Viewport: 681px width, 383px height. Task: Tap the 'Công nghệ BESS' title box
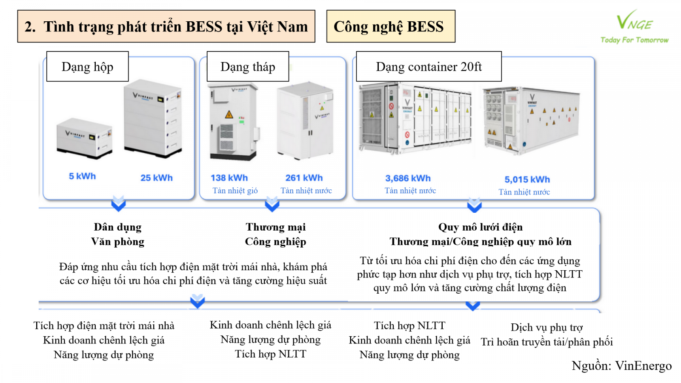[x=390, y=26]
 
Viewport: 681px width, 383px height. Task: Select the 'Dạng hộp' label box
[x=87, y=67]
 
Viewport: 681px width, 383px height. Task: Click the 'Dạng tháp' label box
[x=248, y=67]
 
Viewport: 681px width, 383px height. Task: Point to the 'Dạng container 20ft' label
[x=429, y=67]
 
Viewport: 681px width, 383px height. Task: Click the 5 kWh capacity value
[x=82, y=176]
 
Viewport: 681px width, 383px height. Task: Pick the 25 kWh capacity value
[x=156, y=178]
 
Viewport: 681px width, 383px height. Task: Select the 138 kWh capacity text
[x=229, y=178]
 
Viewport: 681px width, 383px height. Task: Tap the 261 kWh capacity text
[x=304, y=178]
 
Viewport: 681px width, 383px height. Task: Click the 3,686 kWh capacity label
[x=408, y=178]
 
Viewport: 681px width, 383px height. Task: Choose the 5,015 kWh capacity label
[x=527, y=180]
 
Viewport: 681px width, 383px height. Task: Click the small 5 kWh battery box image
[x=84, y=138]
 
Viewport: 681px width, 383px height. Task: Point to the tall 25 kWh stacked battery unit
[x=153, y=118]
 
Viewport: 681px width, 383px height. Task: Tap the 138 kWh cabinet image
[x=233, y=122]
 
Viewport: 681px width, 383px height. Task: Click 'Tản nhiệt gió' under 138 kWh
[x=235, y=191]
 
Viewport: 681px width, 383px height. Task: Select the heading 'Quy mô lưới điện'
[x=480, y=227]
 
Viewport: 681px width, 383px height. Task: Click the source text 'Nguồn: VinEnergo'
[x=621, y=366]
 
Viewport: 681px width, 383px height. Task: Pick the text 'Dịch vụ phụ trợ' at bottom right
[x=547, y=328]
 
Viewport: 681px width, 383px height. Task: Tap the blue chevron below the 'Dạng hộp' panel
[x=118, y=204]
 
